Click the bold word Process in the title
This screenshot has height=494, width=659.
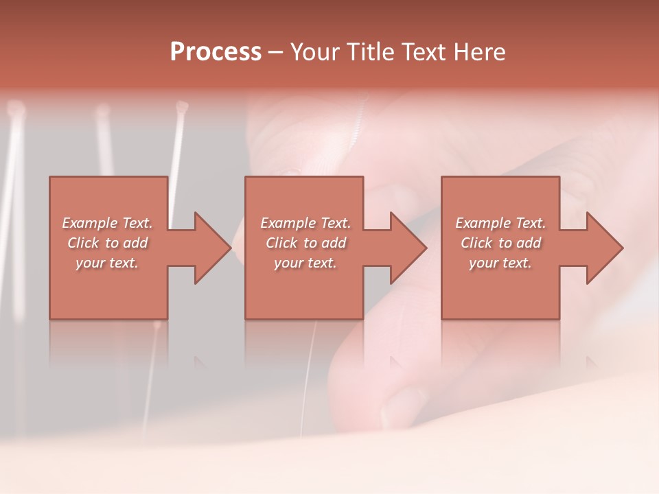(216, 52)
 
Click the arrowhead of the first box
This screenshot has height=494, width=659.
(211, 248)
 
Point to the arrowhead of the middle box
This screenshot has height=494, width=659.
(407, 248)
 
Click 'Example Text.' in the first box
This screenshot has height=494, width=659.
(108, 223)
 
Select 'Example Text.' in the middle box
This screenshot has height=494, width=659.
(305, 223)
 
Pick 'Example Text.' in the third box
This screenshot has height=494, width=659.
(500, 223)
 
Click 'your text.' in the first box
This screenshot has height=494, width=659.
(107, 263)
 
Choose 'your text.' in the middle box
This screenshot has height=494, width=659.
(305, 263)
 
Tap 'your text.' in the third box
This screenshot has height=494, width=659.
(500, 263)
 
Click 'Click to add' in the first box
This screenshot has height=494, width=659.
(108, 243)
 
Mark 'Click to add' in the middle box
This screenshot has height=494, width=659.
(305, 243)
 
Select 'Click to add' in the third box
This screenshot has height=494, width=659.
(500, 243)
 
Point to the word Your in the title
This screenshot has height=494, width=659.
(314, 52)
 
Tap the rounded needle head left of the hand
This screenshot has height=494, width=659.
(181, 106)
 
